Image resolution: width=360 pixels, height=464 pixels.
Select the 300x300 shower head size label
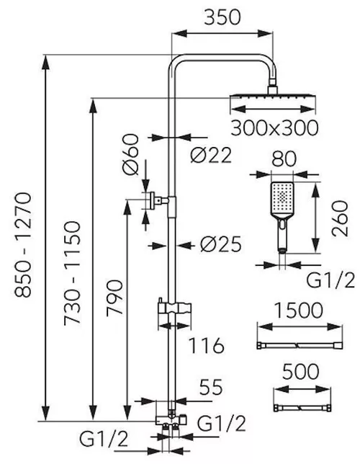[274, 128]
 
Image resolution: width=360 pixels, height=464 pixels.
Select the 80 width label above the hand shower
[286, 157]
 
